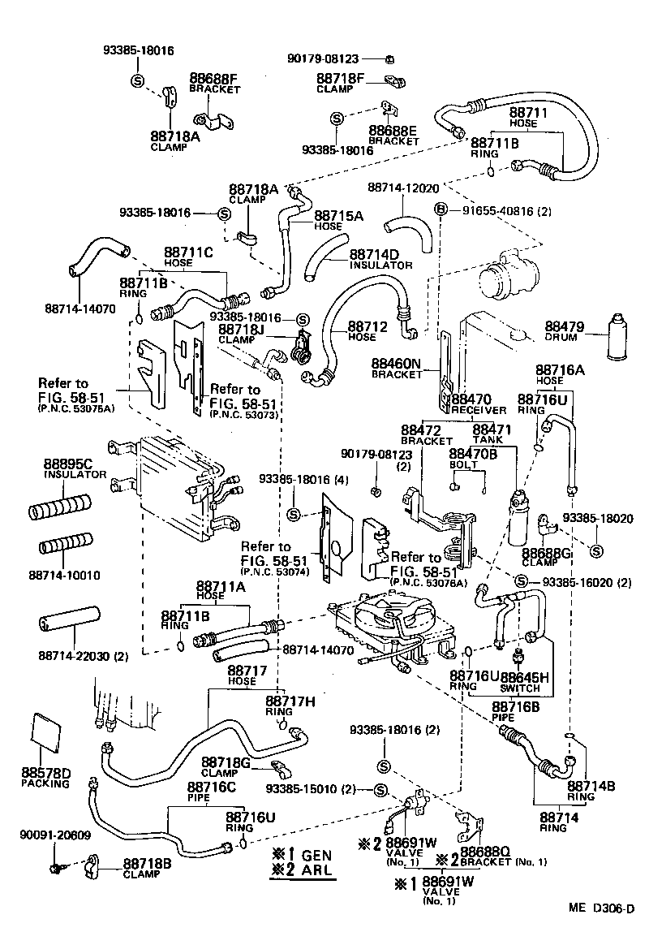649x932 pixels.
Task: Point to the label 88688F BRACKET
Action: point(213,84)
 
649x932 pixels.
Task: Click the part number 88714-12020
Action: point(402,187)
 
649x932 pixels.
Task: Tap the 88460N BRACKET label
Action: point(397,369)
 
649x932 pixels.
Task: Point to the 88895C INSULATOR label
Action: point(75,469)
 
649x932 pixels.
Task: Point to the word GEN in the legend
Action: point(317,856)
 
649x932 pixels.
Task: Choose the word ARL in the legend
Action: point(317,872)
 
